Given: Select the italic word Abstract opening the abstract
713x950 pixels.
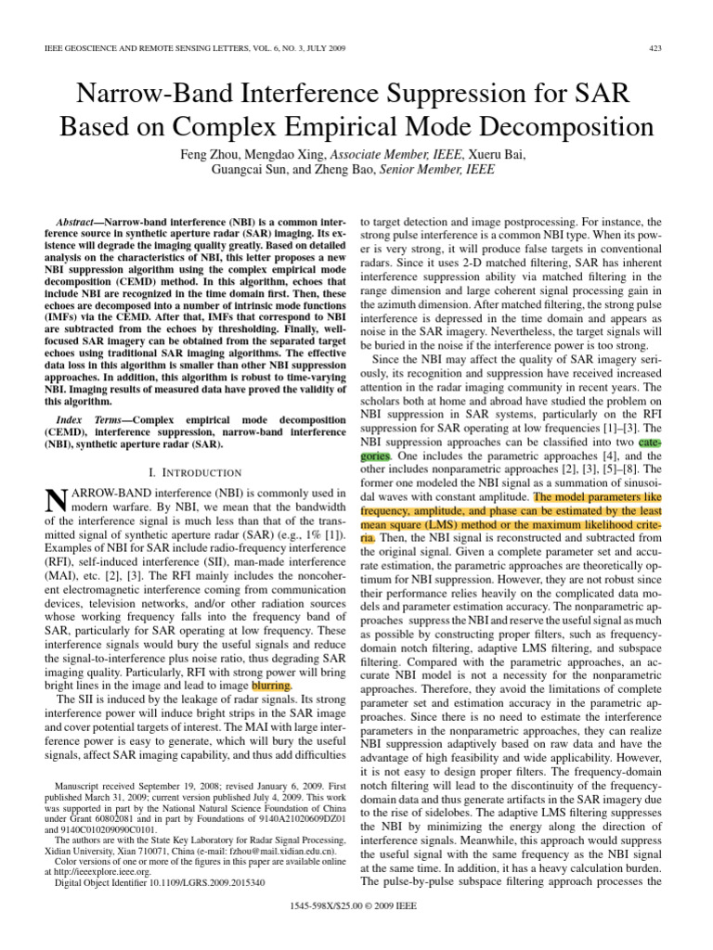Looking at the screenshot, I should point(79,225).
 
